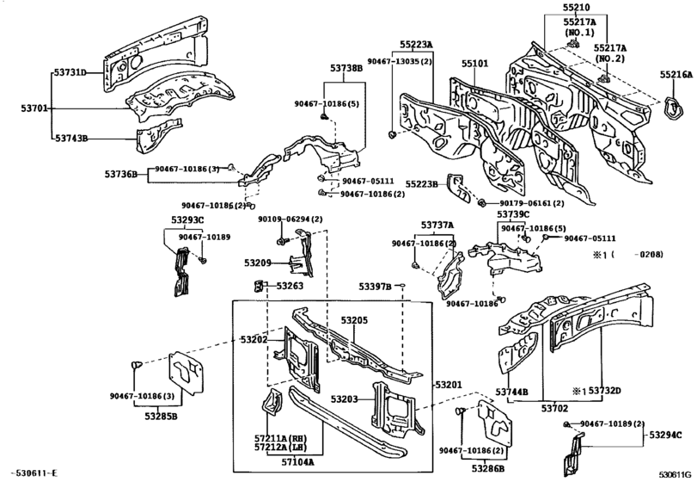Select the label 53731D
tap(72, 72)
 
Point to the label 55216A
tap(676, 76)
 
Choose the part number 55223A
tap(416, 44)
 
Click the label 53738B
tap(346, 67)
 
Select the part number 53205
tap(353, 319)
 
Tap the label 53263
tap(290, 286)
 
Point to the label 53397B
tap(376, 286)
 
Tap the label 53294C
tap(670, 436)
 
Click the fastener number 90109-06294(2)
tap(290, 220)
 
